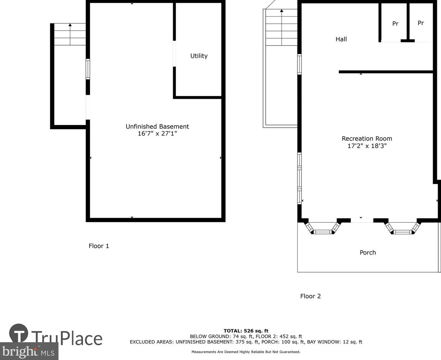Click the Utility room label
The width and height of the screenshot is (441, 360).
coord(199,56)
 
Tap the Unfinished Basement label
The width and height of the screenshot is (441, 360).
coord(157,126)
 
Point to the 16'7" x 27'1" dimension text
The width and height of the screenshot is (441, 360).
coord(157,133)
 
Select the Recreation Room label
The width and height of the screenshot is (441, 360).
coord(367,138)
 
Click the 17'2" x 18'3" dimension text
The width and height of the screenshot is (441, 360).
coord(367,146)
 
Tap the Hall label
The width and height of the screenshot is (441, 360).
coord(341,39)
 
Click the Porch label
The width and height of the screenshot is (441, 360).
coord(368,253)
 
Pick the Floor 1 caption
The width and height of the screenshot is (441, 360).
coord(99,246)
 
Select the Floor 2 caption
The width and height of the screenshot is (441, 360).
coord(310,296)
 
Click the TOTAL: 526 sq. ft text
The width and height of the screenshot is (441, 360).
coord(246,331)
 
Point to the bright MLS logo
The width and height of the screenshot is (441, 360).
coord(29,351)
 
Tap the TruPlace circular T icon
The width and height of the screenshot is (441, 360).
coord(19,333)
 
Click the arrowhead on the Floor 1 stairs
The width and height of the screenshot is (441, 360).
coord(70,25)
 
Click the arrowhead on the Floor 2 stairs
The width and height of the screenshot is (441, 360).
coord(282,11)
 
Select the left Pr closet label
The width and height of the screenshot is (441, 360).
coord(395,24)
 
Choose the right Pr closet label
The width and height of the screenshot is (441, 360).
coord(421,23)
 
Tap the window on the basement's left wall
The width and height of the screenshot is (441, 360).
coord(88,69)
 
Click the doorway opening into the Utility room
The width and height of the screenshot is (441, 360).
coord(174,53)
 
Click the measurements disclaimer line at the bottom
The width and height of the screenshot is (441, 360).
coord(246,352)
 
